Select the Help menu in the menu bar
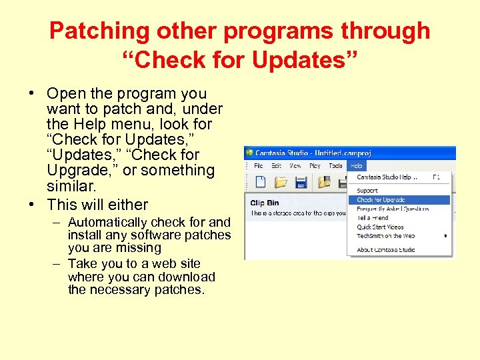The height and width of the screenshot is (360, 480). coord(357,166)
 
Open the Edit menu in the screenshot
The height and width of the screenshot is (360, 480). coord(275,166)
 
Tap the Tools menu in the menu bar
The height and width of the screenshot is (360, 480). coord(335,166)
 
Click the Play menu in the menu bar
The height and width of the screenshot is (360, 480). coord(315,166)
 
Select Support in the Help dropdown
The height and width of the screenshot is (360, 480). coord(367,191)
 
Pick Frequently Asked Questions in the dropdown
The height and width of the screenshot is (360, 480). coord(393,209)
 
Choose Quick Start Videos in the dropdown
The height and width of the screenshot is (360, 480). coord(379,227)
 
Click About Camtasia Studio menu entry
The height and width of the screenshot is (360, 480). coord(385,250)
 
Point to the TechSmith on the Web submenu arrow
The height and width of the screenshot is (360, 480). coord(445,236)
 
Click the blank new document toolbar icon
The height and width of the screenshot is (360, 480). coord(261,182)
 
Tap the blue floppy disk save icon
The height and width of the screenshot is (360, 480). coord(301,182)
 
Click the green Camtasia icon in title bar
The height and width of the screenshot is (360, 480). coord(251,153)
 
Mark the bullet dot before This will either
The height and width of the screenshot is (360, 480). coord(33,205)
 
